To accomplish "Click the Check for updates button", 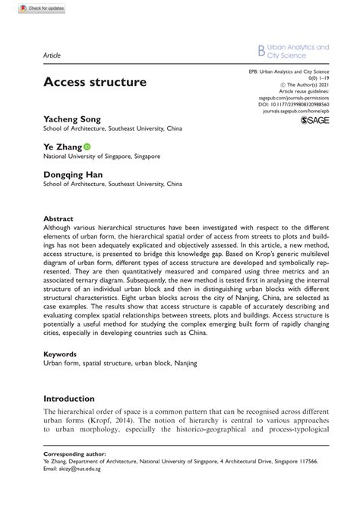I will (x=25, y=7).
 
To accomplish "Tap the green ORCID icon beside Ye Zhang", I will (x=87, y=147).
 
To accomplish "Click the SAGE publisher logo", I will (x=317, y=119).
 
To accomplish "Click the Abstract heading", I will (x=58, y=216).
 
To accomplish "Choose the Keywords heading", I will (x=61, y=354).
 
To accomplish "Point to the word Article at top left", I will (x=52, y=55).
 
